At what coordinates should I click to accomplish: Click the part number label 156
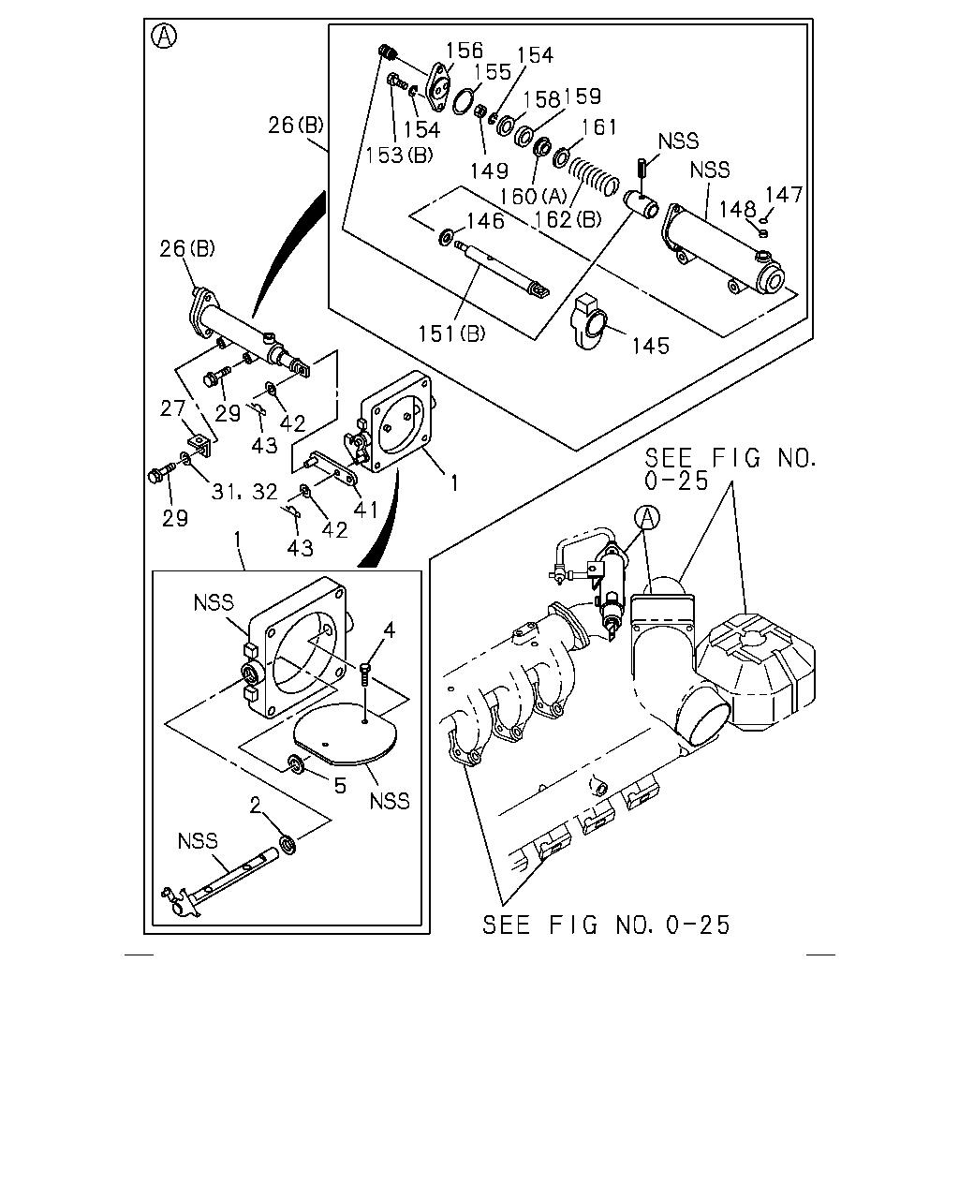pos(465,51)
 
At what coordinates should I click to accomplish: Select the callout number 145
pos(650,346)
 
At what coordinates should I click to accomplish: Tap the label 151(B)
pos(452,333)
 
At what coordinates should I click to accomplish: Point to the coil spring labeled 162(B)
pos(593,175)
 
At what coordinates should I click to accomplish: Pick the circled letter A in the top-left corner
pos(165,37)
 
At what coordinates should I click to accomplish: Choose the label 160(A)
pos(533,196)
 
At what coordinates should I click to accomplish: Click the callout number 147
pos(784,195)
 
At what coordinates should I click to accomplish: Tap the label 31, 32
pos(244,492)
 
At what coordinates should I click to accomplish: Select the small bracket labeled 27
pos(200,444)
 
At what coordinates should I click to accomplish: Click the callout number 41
pos(365,510)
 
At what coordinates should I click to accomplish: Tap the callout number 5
pos(340,786)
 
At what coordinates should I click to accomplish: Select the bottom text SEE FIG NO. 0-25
pos(606,925)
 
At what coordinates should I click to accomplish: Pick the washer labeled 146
pos(446,237)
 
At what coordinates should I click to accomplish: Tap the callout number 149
pos(489,170)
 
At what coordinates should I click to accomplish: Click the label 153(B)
pos(399,155)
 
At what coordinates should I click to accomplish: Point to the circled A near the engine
pos(647,519)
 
